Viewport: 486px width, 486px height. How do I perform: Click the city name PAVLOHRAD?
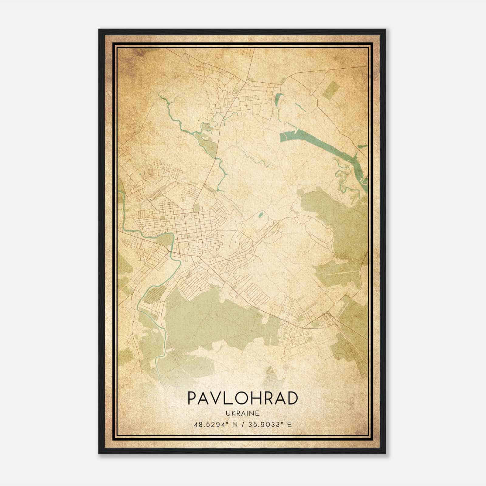pyautogui.click(x=242, y=398)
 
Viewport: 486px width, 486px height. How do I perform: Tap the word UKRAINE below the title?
pyautogui.click(x=242, y=413)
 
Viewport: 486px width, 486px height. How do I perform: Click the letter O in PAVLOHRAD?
pyautogui.click(x=243, y=398)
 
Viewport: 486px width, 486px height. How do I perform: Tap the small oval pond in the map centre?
pyautogui.click(x=261, y=216)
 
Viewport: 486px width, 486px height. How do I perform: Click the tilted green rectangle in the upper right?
pyautogui.click(x=330, y=90)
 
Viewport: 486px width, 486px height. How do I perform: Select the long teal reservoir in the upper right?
pyautogui.click(x=322, y=143)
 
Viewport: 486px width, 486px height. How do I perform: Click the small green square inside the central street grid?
pyautogui.click(x=197, y=207)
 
